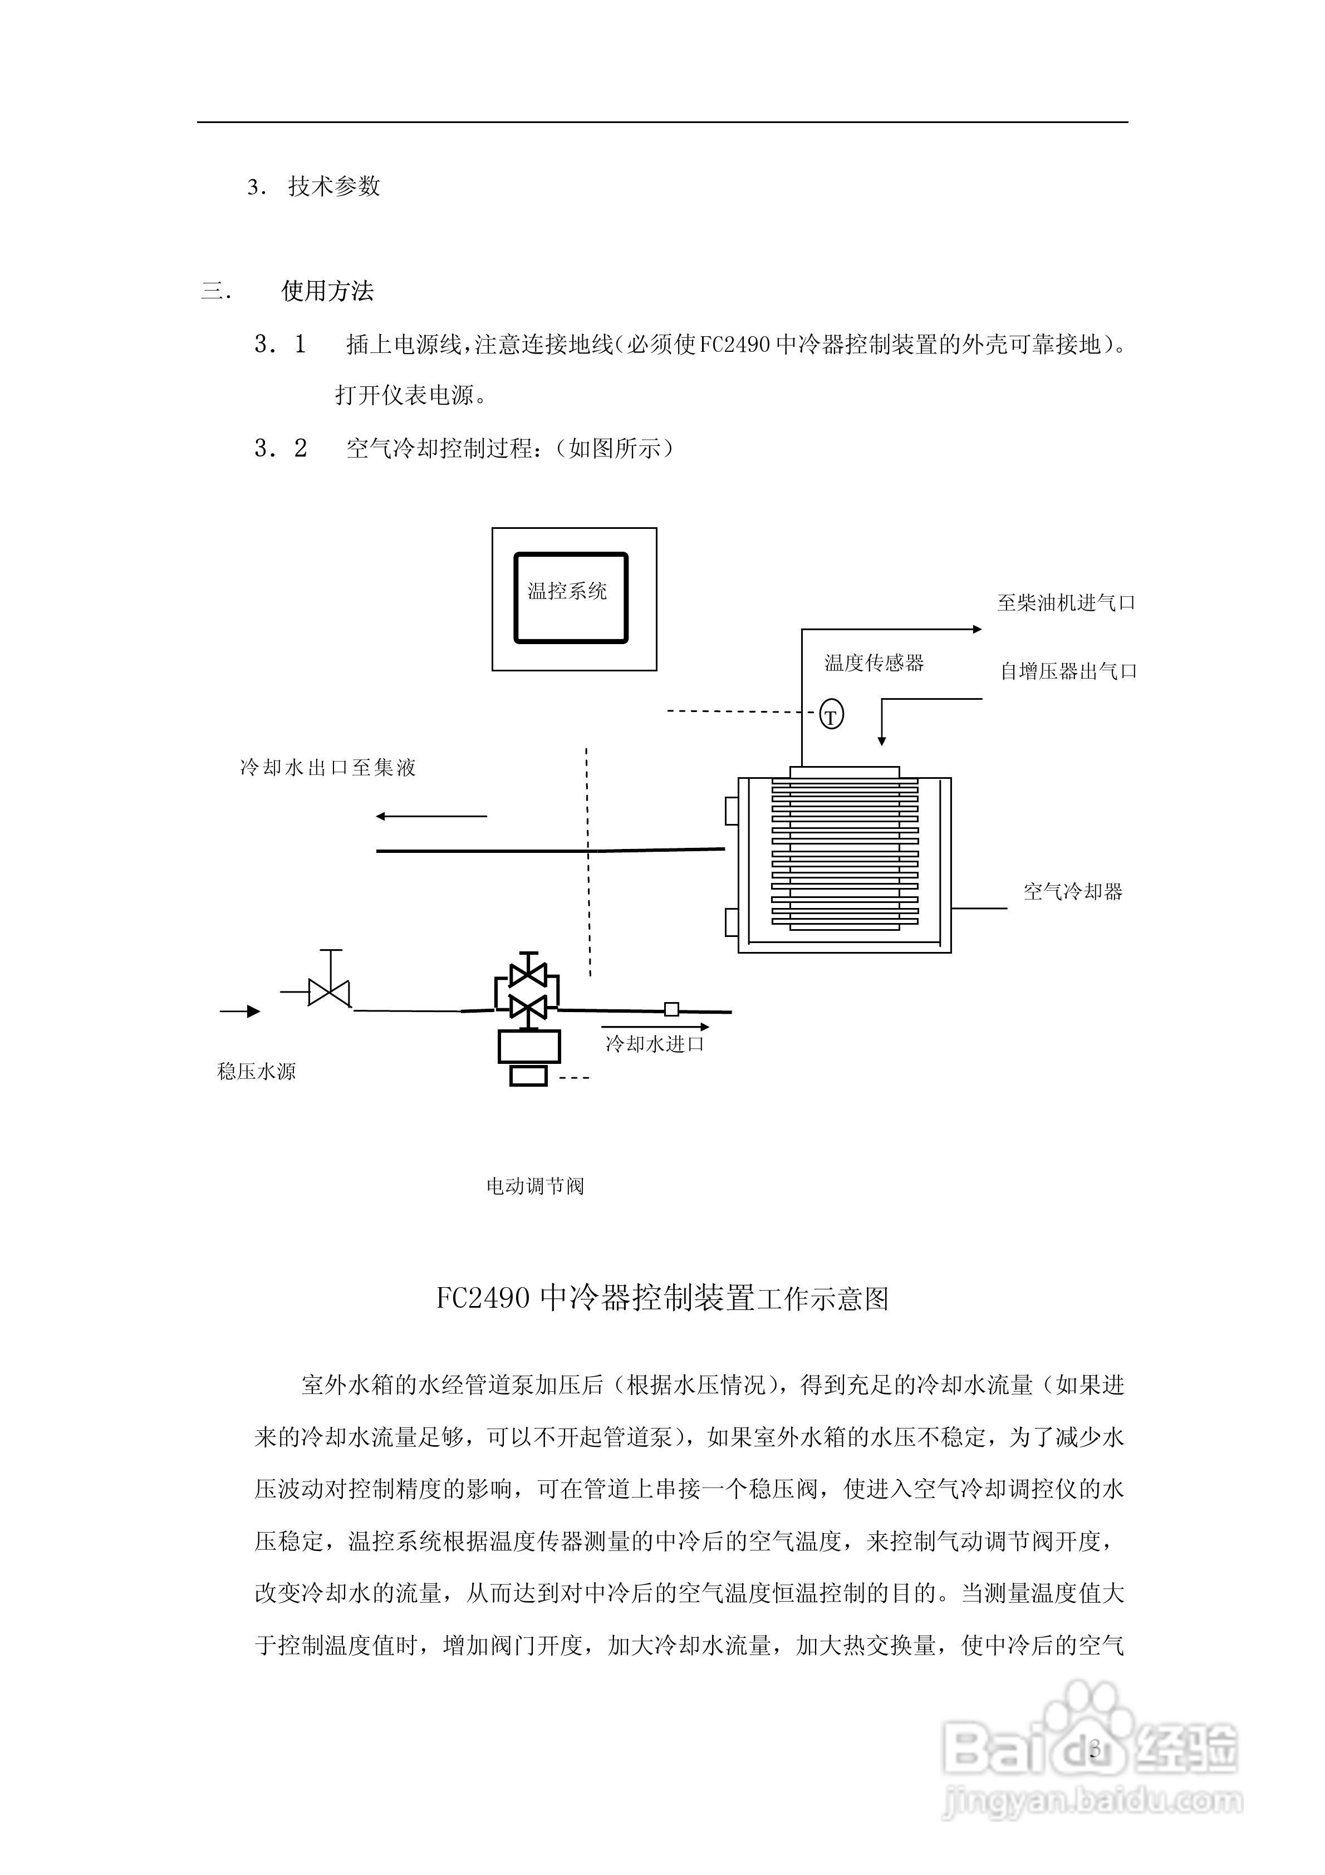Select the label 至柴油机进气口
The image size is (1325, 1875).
[x=1066, y=603]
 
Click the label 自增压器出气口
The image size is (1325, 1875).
[x=1068, y=671]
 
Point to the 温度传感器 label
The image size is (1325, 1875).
[x=873, y=663]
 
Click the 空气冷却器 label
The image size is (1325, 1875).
[x=1073, y=892]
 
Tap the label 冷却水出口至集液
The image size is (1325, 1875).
[x=327, y=768]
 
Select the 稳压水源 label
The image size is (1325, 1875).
[x=257, y=1072]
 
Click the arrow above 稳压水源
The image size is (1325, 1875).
[x=240, y=1012]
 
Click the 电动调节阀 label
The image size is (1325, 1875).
[x=535, y=1186]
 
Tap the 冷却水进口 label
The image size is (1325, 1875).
[x=654, y=1044]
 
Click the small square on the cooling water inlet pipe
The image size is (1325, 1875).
[x=671, y=1009]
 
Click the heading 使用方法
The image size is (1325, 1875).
[x=327, y=291]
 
